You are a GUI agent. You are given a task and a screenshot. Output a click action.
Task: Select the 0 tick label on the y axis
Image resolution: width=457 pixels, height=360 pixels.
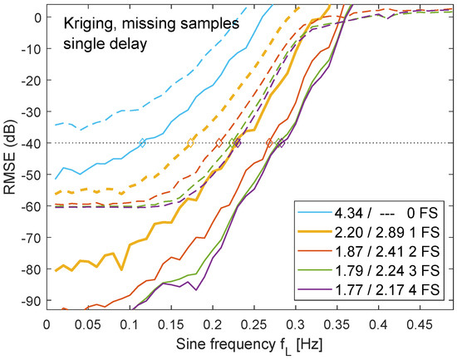point(36,18)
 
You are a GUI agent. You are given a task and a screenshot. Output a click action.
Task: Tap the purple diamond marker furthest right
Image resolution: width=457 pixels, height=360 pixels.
point(281,143)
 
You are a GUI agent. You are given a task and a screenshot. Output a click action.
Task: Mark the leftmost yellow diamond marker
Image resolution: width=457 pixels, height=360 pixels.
point(189,143)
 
